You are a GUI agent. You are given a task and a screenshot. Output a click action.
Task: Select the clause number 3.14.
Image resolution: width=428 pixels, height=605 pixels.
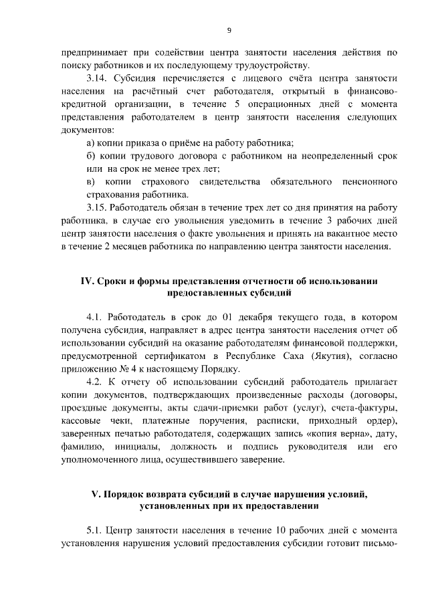[98, 78]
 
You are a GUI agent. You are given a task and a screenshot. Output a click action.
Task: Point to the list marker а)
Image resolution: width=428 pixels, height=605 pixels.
[92, 142]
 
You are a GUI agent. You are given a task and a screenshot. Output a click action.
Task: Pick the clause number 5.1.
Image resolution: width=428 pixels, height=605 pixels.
[96, 531]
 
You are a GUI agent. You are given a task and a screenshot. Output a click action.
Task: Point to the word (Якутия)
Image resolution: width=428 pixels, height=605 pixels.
[334, 356]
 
